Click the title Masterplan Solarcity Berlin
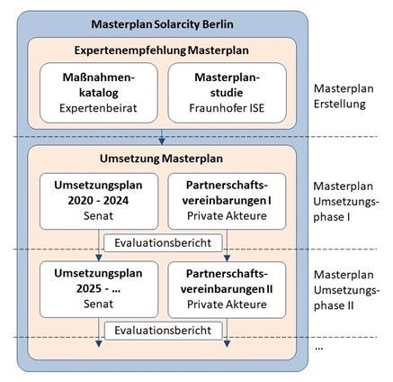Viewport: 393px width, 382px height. [162, 24]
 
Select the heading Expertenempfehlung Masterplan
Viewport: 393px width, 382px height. [162, 50]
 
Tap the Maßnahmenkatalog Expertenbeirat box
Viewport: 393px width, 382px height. [99, 93]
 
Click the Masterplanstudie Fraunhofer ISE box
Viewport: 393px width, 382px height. [227, 93]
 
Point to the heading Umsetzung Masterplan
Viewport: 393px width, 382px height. [161, 159]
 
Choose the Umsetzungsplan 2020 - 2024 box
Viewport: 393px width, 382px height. [99, 201]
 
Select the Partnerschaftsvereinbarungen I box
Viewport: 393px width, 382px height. [227, 201]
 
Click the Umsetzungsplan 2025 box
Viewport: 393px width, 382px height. [99, 289]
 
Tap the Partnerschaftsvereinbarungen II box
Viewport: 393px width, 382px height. [227, 289]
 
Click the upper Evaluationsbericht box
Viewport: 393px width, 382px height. [163, 242]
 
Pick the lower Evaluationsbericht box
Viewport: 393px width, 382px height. [163, 331]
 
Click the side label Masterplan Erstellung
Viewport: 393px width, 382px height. [344, 96]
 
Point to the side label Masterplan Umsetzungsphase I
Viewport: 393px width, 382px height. [346, 201]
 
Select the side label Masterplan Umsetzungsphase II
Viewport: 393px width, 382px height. [346, 290]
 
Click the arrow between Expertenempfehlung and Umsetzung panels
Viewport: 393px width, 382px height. [162, 137]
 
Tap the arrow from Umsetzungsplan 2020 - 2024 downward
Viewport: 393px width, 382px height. [99, 245]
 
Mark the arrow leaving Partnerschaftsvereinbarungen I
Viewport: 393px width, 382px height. [227, 245]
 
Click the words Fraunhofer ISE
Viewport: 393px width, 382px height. [227, 108]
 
